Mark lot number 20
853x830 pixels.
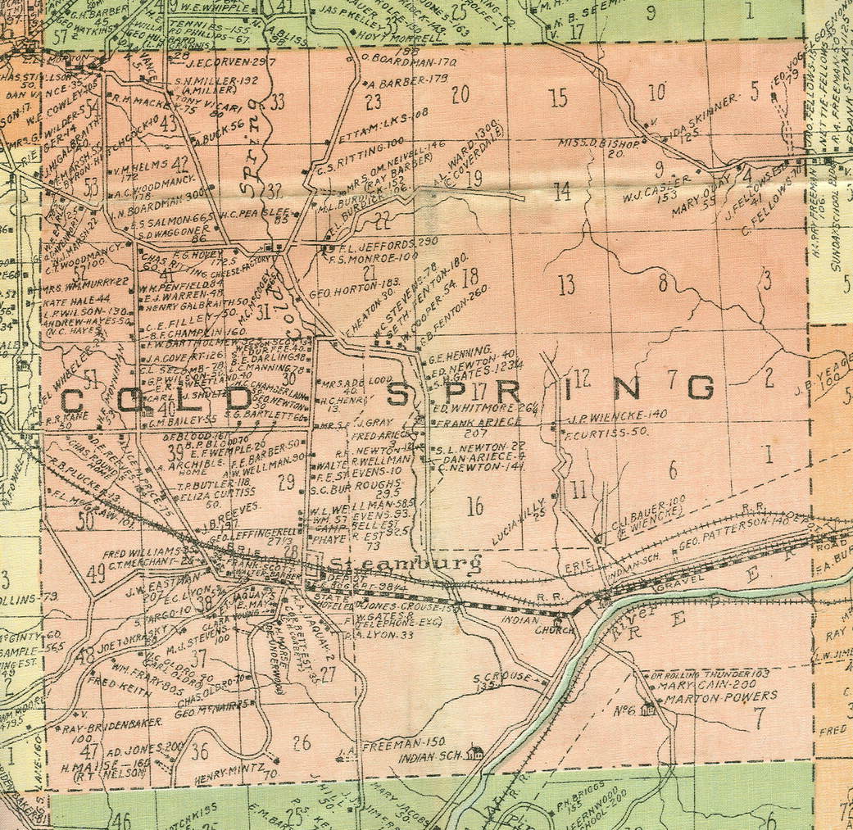click(460, 94)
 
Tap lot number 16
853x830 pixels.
click(475, 506)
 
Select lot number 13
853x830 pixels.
click(566, 285)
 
